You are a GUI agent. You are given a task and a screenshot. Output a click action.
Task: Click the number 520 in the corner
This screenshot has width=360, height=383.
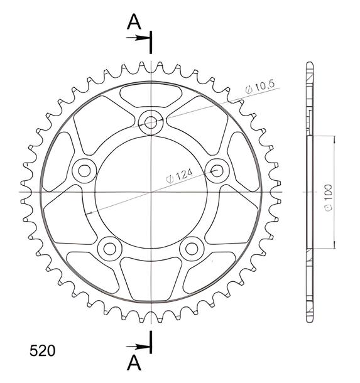tap(42, 351)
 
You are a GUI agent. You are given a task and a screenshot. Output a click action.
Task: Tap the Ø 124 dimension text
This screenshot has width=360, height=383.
tap(180, 176)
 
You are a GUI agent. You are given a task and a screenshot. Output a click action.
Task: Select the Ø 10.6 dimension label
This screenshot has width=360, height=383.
tap(260, 87)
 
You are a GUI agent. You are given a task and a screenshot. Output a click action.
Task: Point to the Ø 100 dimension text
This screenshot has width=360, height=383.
tap(329, 198)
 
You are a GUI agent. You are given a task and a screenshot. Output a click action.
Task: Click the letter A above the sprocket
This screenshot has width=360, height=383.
tap(134, 21)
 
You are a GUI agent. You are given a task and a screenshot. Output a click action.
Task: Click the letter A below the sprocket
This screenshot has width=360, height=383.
tap(134, 362)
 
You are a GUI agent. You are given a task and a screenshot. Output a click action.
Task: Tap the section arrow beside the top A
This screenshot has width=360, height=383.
tap(138, 38)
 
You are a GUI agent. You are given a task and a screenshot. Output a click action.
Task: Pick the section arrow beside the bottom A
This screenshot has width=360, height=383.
tap(138, 347)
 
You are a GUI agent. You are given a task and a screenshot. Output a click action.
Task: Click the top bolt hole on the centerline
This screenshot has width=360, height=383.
tap(151, 122)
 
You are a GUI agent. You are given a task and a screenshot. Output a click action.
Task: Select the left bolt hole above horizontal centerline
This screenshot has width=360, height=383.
tap(85, 171)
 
